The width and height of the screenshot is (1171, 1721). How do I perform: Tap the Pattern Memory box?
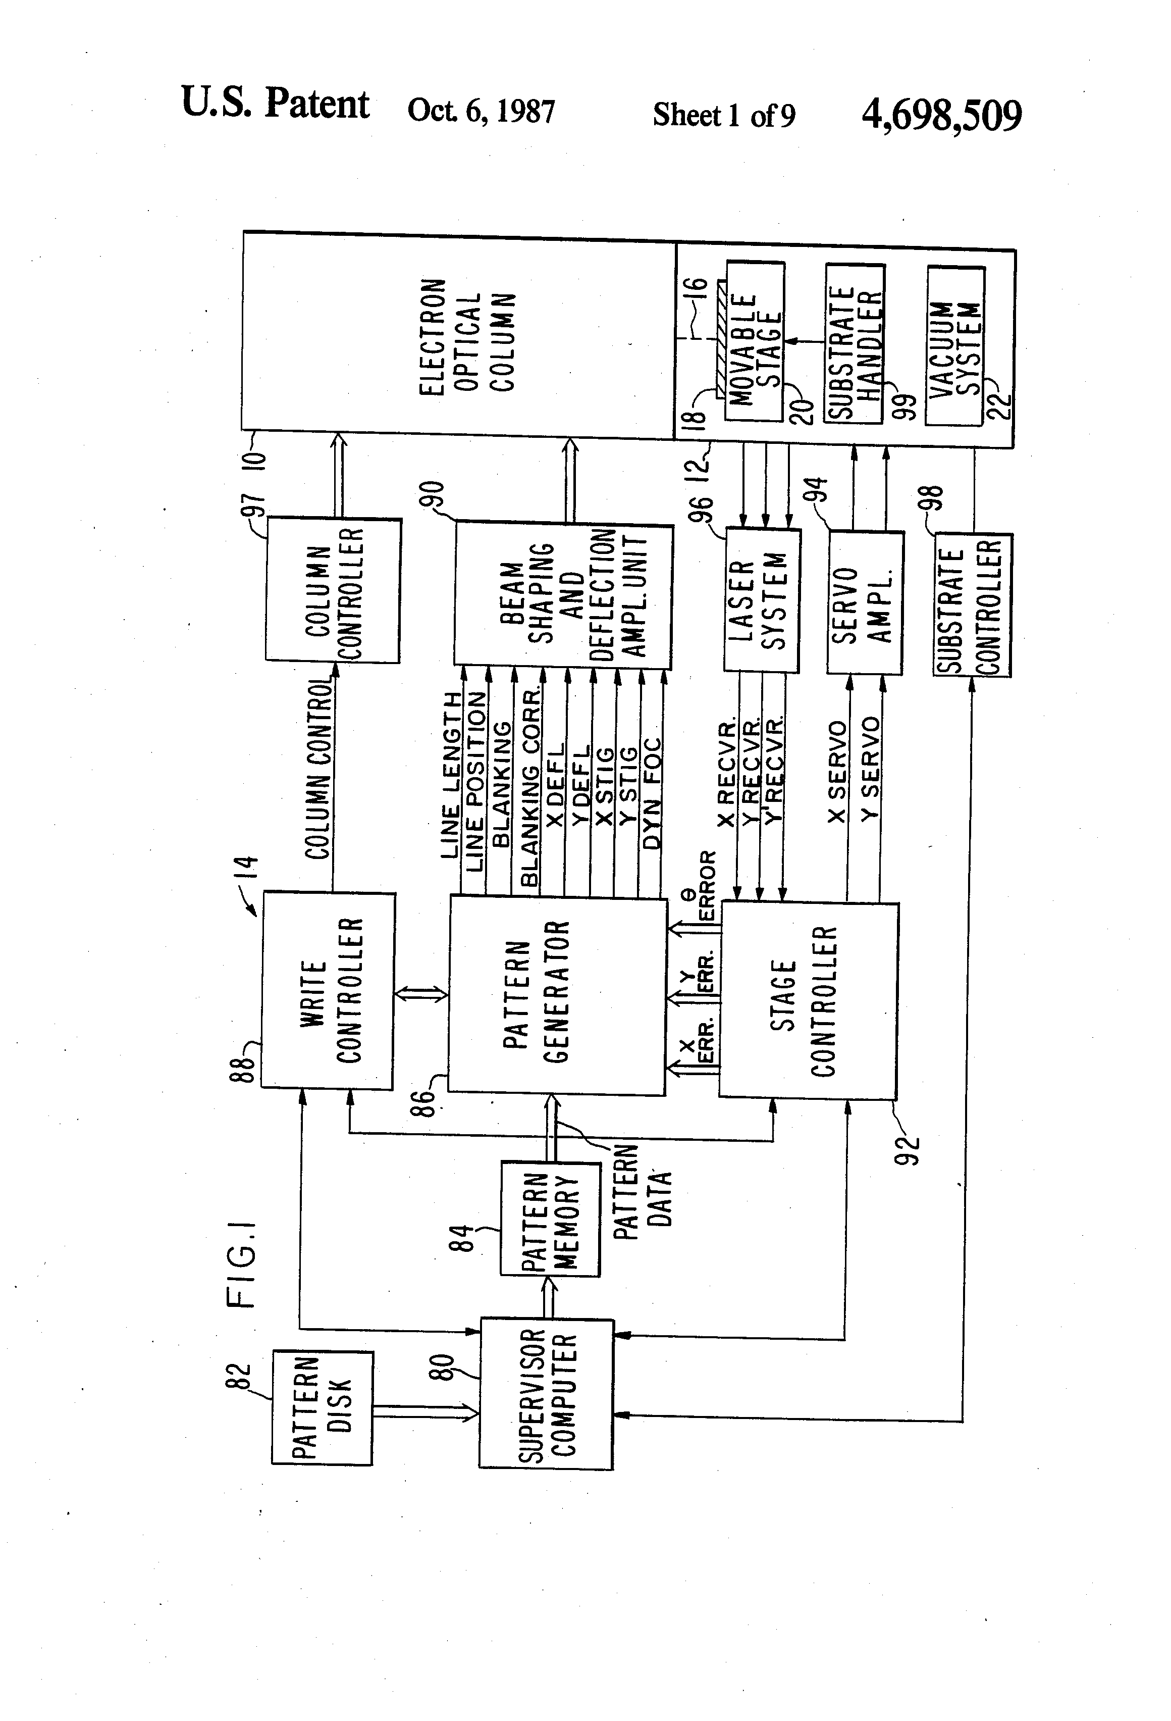click(x=550, y=1219)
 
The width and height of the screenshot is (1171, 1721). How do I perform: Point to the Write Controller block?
click(x=328, y=990)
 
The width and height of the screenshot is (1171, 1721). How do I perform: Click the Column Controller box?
click(x=333, y=590)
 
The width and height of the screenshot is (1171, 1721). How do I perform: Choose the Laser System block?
click(x=762, y=600)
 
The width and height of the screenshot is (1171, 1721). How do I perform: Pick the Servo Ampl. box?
click(x=865, y=603)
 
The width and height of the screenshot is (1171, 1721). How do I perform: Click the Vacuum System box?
click(x=955, y=346)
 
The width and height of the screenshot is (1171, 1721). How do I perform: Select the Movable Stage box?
click(x=755, y=341)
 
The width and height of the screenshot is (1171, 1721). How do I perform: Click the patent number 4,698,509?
click(x=941, y=116)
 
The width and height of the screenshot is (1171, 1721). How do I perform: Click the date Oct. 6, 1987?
click(x=481, y=111)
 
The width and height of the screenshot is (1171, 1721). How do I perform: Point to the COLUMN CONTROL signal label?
click(x=318, y=770)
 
